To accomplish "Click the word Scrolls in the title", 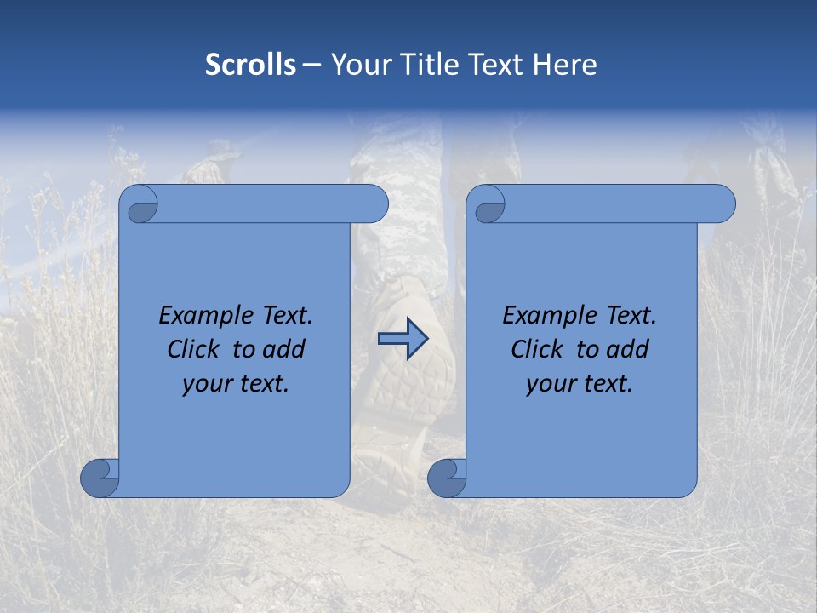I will click(251, 65).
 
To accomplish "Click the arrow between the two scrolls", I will click(403, 339).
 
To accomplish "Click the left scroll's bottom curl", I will click(100, 477).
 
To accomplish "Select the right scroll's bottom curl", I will click(447, 477).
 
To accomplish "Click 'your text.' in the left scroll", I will click(236, 384).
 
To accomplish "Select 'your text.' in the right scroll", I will click(580, 384).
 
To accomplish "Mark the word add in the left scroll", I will click(284, 349).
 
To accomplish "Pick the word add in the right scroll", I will click(628, 349).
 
